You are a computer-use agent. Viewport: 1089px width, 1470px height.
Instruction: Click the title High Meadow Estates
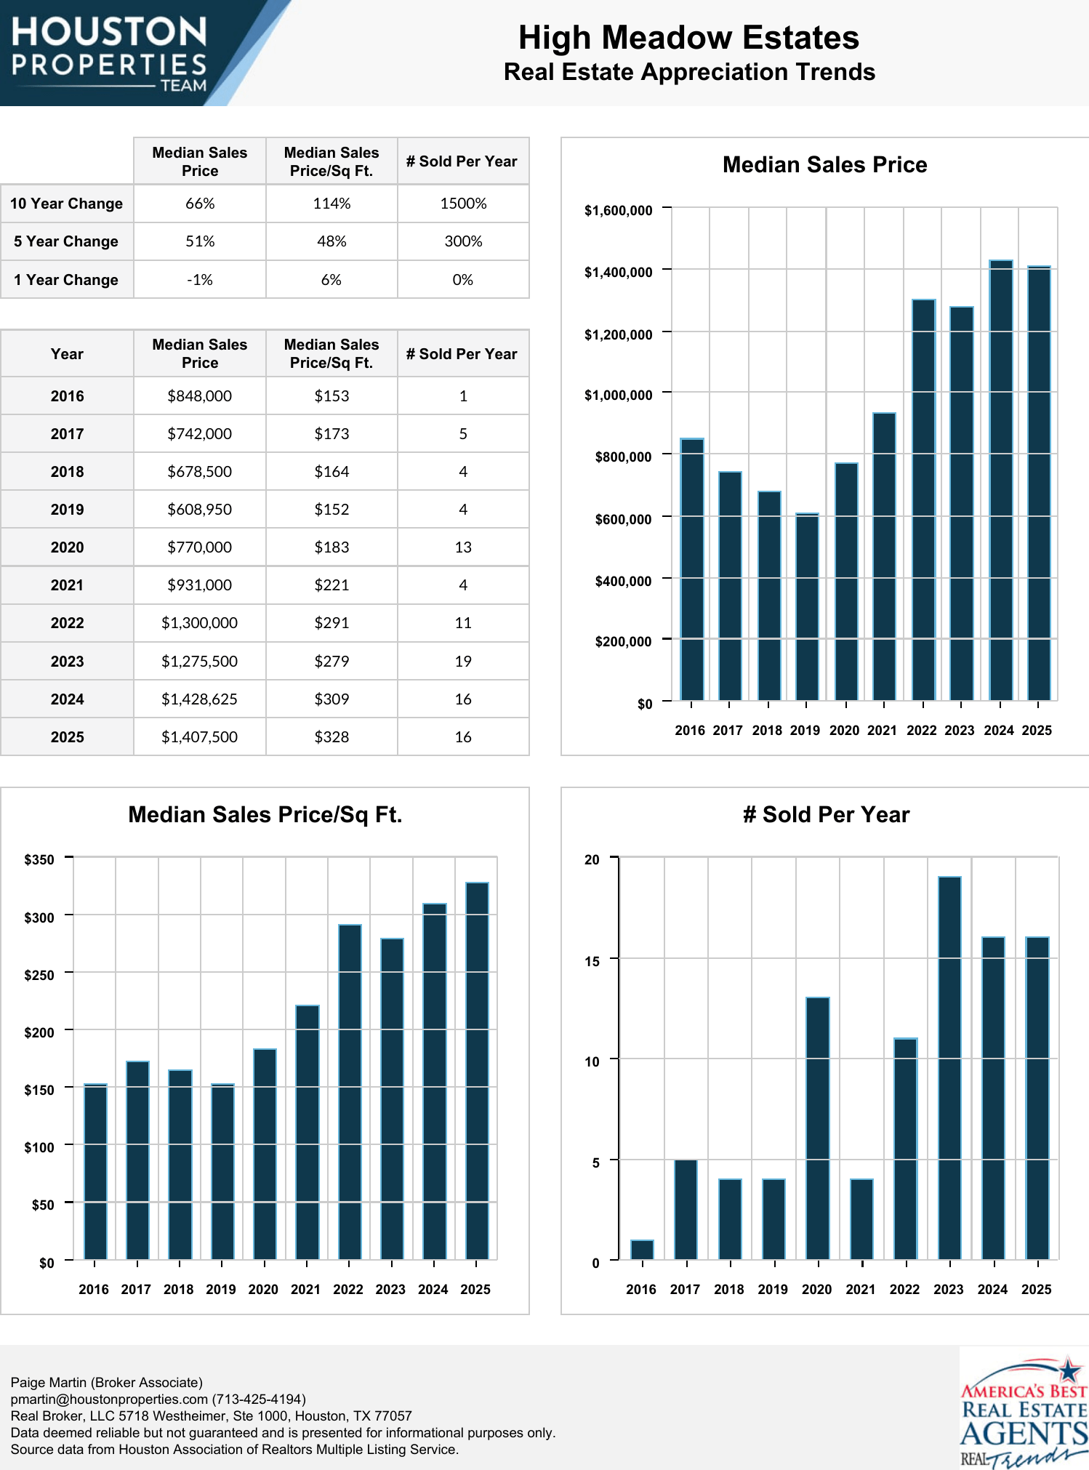[688, 38]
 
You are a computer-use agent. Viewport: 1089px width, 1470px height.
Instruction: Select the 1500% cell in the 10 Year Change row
[463, 204]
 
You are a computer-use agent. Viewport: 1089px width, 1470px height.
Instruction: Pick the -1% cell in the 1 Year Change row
[200, 280]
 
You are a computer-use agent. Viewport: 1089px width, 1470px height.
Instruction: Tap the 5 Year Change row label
[66, 241]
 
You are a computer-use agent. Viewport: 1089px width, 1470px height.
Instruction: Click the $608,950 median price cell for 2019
[200, 510]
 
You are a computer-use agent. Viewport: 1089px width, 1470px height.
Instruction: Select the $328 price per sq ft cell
[331, 737]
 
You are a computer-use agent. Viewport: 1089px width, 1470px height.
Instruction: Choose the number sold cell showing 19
[463, 662]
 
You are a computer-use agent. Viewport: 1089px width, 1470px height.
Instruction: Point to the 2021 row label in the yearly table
[67, 585]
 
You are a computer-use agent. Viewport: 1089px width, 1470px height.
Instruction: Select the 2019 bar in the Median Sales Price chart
[807, 607]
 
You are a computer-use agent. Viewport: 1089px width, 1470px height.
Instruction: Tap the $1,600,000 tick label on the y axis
[618, 211]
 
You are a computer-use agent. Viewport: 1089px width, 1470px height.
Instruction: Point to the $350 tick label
[39, 860]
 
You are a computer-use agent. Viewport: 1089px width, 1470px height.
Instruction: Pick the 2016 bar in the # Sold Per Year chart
[642, 1250]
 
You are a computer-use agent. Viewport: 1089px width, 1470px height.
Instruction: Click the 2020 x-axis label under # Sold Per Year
[816, 1289]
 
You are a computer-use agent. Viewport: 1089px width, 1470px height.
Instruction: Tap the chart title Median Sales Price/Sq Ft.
[265, 815]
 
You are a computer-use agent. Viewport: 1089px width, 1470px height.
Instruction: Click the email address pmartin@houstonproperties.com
[109, 1399]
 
